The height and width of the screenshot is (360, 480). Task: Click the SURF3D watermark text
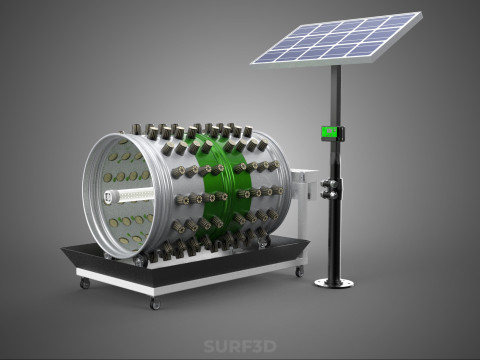point(240,346)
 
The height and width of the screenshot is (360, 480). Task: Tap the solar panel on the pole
point(337,39)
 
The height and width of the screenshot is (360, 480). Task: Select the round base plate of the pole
point(334,283)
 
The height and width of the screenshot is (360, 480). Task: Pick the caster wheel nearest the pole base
point(300,271)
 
